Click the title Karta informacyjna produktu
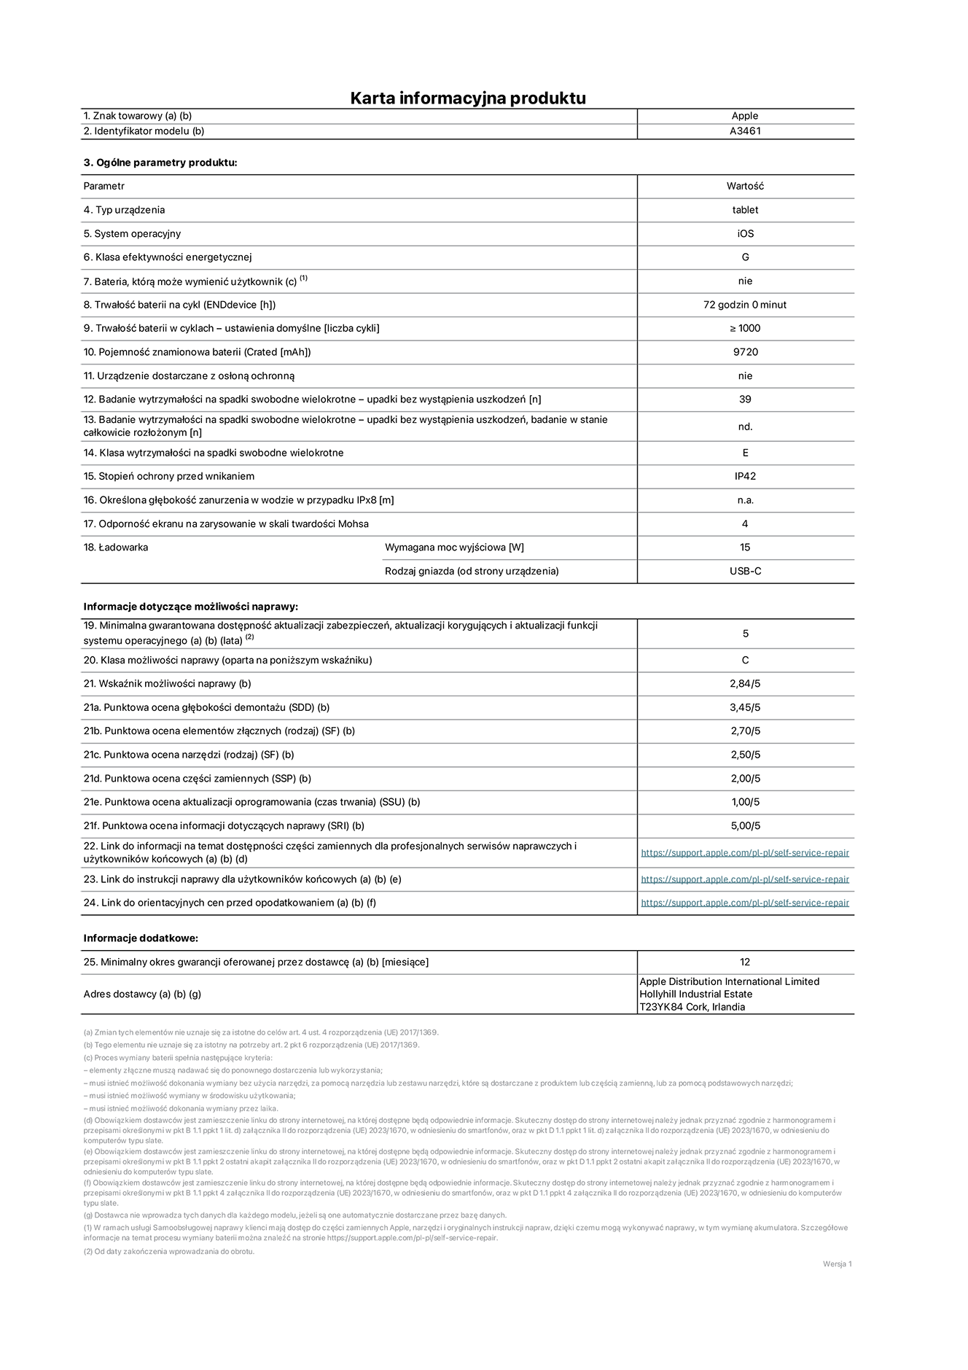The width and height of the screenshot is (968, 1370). (x=468, y=98)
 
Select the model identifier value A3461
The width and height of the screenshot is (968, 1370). (x=745, y=131)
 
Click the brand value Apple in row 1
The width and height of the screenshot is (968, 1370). (x=745, y=116)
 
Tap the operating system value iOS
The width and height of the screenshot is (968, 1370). (x=745, y=234)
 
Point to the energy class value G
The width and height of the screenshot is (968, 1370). (x=745, y=257)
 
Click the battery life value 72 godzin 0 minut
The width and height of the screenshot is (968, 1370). (x=745, y=305)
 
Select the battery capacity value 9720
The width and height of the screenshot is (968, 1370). (x=745, y=352)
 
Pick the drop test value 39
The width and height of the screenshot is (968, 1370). (x=745, y=400)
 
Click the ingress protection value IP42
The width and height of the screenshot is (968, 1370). (x=745, y=476)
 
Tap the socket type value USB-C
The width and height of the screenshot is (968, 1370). (x=745, y=572)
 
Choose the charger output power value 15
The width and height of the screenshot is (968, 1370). (x=745, y=548)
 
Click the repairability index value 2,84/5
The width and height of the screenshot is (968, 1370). (x=745, y=684)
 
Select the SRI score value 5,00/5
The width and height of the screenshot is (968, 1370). (x=745, y=826)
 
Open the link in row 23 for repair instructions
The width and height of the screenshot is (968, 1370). (x=745, y=879)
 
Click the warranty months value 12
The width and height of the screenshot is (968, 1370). (x=745, y=962)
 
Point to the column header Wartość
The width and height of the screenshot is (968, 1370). (x=745, y=187)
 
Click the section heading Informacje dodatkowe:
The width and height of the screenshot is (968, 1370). (x=141, y=938)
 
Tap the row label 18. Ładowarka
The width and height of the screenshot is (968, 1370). (x=116, y=548)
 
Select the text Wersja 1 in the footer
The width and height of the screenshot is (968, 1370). (x=837, y=1264)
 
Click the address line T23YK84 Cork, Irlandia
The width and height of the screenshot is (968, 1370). (x=692, y=1008)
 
